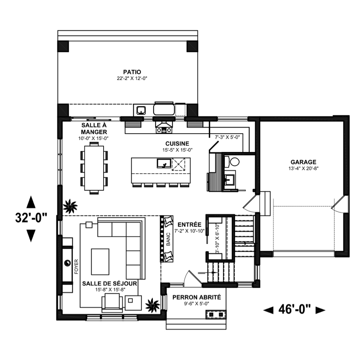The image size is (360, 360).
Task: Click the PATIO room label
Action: [132, 72]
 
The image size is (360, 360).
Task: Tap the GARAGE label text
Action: [303, 162]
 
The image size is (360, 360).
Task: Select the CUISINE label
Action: [177, 144]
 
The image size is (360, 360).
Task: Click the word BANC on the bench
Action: [168, 239]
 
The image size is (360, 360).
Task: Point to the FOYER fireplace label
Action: [76, 266]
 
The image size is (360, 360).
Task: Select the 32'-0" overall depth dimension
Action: [31, 218]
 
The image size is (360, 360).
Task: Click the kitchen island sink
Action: [164, 163]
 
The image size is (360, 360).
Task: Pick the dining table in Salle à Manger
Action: [94, 168]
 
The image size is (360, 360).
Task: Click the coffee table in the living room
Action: [100, 262]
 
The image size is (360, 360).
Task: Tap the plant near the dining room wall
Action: [70, 206]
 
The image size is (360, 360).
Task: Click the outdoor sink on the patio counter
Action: [141, 110]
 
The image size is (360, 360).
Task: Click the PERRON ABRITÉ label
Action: [196, 297]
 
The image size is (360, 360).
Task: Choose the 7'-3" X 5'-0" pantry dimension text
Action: [227, 137]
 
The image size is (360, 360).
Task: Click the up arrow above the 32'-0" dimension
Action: [31, 202]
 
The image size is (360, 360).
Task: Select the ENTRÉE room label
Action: [190, 224]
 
